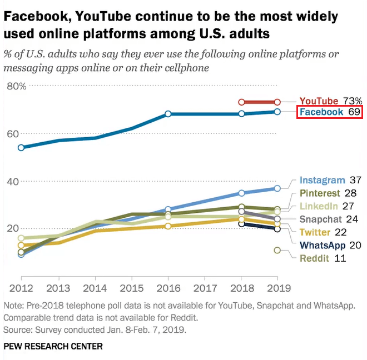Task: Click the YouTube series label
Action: point(319,101)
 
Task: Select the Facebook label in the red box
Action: point(321,112)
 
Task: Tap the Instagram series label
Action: point(322,181)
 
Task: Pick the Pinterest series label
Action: point(319,193)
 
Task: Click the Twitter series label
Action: point(315,232)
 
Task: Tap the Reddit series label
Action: point(314,258)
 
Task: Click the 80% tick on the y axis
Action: point(16,86)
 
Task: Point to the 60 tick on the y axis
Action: point(13,134)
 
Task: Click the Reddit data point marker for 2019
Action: point(277,251)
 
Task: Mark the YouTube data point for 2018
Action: point(241,102)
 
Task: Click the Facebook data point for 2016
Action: point(167,114)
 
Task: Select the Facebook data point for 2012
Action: point(21,148)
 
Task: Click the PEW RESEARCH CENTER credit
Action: point(53,346)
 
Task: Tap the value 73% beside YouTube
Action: point(353,101)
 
